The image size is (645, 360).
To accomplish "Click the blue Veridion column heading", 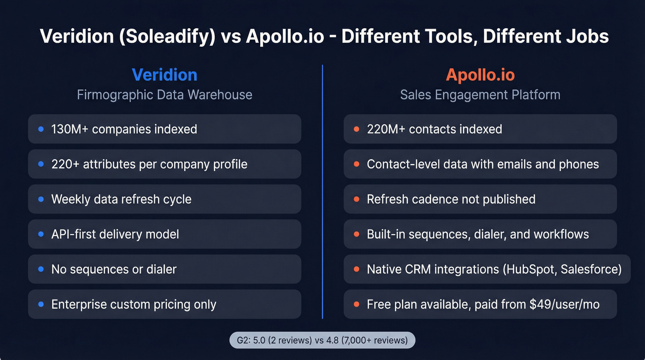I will pyautogui.click(x=164, y=75).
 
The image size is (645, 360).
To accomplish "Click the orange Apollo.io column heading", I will pyautogui.click(x=480, y=75).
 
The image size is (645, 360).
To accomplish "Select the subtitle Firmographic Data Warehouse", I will pyautogui.click(x=164, y=95).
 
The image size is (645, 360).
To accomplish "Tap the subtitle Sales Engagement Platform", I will pyautogui.click(x=480, y=95).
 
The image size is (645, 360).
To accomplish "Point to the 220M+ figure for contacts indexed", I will pyautogui.click(x=386, y=129).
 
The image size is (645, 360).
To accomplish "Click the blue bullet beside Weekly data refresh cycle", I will pyautogui.click(x=41, y=199).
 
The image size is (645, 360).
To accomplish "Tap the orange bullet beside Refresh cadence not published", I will pyautogui.click(x=356, y=199).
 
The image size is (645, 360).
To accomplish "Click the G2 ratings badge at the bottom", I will pyautogui.click(x=322, y=341).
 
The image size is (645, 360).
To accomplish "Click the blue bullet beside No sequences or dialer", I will pyautogui.click(x=41, y=269).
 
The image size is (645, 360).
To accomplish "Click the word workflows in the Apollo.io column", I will pyautogui.click(x=561, y=234).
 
